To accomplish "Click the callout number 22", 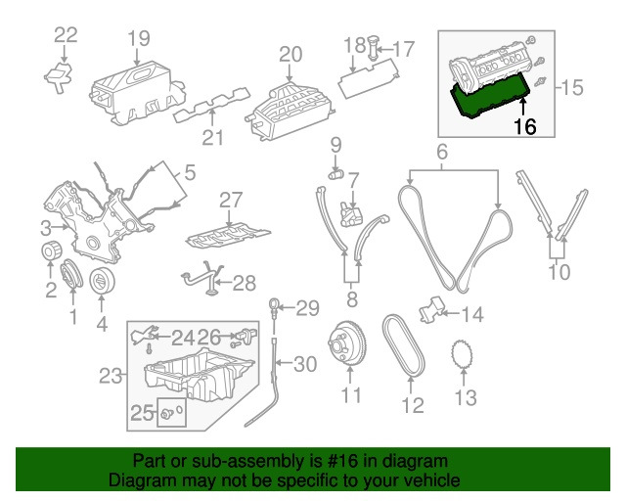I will (x=65, y=36).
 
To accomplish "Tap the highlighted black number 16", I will (x=524, y=126).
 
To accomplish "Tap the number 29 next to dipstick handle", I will (x=307, y=309).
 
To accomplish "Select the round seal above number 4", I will (x=101, y=282).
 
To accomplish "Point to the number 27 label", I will (x=229, y=200).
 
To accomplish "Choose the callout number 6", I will (x=441, y=152).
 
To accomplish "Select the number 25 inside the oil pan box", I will (x=142, y=414).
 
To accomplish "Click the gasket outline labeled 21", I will (x=210, y=115).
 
